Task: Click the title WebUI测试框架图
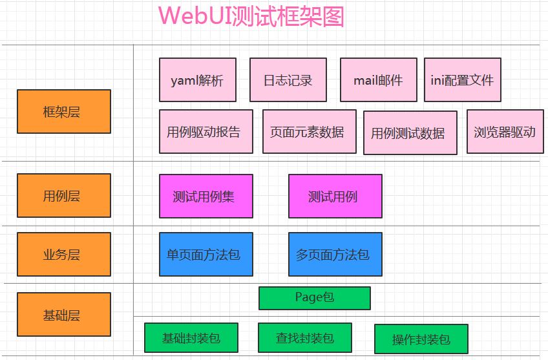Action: point(251,16)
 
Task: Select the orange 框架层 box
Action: point(64,112)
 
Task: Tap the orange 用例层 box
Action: point(64,195)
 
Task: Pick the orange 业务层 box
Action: point(64,254)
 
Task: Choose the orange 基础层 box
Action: point(64,315)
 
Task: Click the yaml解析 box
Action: point(198,80)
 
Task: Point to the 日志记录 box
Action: point(288,80)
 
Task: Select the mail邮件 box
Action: point(379,80)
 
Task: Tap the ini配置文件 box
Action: point(463,80)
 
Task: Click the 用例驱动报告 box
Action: point(206,132)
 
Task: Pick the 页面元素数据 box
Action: point(310,132)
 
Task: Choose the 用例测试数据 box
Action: point(410,133)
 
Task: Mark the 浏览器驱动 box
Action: point(505,132)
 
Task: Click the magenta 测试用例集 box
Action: point(206,196)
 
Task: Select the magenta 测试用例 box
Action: point(335,196)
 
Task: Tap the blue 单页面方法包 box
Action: point(206,254)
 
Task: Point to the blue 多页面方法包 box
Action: point(335,254)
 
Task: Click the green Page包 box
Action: point(315,298)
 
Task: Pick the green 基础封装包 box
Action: point(191,337)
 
